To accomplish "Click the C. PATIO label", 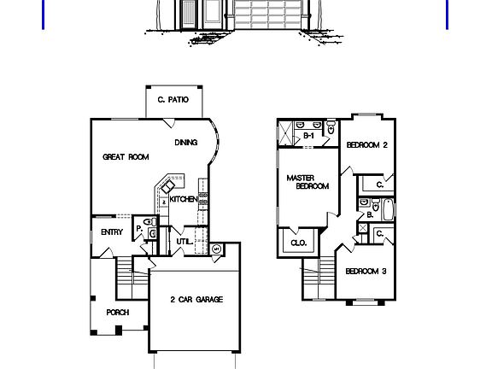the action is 173,100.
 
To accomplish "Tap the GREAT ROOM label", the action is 126,157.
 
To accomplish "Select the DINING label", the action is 186,143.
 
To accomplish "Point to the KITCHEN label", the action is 184,199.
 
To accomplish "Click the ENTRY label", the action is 112,232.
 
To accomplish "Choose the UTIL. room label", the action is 184,242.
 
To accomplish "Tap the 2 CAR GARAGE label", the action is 196,300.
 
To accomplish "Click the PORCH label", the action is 118,313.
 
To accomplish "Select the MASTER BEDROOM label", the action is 307,182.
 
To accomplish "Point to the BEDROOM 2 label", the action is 367,145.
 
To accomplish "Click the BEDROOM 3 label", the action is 366,271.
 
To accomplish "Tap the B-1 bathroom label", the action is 308,136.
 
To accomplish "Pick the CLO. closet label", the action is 299,243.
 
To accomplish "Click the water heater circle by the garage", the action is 216,249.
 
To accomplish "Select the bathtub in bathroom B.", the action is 388,209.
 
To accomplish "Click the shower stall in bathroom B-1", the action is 286,133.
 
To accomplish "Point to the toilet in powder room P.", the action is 150,222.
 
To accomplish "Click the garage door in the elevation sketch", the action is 267,15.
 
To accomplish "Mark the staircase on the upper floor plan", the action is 319,278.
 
